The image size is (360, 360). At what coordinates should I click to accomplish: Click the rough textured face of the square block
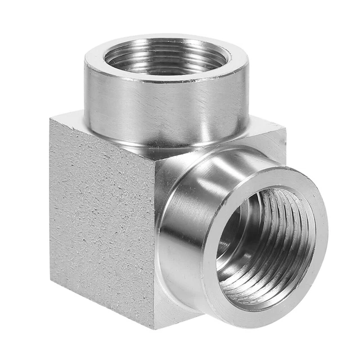click(104, 219)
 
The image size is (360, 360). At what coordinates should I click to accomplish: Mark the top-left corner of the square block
click(52, 119)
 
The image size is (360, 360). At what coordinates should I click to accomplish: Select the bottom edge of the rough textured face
click(101, 304)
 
